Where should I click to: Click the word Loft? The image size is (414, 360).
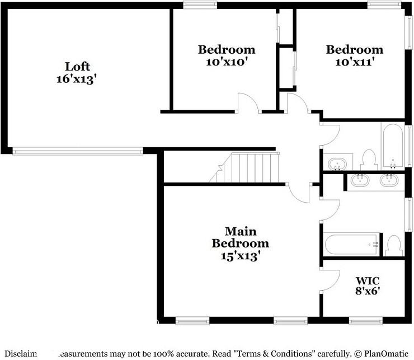[77, 67]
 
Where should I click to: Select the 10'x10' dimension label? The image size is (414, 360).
[227, 62]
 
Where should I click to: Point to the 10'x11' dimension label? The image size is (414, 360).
[354, 62]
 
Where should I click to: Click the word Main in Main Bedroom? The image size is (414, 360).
[240, 231]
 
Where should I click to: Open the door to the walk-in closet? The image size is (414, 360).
[331, 279]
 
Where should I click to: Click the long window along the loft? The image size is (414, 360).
[78, 150]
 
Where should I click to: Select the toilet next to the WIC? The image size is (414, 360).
[394, 245]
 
